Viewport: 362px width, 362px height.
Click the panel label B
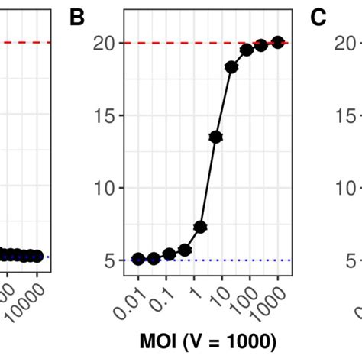coord(77,18)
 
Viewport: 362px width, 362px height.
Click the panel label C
coord(318,18)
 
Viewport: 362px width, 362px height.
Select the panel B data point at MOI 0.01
coord(138,259)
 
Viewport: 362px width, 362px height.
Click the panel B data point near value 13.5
coord(215,137)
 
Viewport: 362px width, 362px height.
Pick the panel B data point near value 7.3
coord(200,227)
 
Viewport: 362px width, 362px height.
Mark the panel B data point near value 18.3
coord(231,67)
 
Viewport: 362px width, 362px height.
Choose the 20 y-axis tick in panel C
coord(345,44)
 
